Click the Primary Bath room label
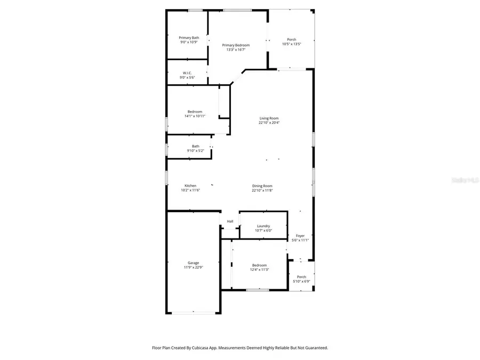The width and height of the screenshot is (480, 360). point(189,37)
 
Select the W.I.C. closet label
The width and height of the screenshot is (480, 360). point(187,73)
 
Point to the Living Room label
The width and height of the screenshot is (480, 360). point(269,118)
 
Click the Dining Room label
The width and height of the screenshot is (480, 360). point(262,186)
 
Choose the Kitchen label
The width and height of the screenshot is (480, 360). point(190,186)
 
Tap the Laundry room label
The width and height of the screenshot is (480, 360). point(263,226)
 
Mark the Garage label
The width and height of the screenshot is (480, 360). point(193,262)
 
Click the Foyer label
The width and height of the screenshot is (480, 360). point(300,235)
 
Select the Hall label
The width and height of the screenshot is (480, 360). point(230,221)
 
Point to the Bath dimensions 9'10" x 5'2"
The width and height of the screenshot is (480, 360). point(196,151)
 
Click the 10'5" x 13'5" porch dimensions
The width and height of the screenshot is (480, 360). point(292,44)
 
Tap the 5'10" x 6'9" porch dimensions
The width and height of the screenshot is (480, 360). point(301,282)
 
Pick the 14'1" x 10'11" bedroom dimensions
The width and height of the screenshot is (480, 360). point(195,116)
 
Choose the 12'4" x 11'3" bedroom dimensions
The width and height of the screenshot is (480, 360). point(260,270)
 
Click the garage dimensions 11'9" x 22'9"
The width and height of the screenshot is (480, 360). point(193,267)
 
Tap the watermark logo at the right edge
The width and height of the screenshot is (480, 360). point(466,180)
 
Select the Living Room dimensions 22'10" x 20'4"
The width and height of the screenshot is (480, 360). point(269,123)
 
